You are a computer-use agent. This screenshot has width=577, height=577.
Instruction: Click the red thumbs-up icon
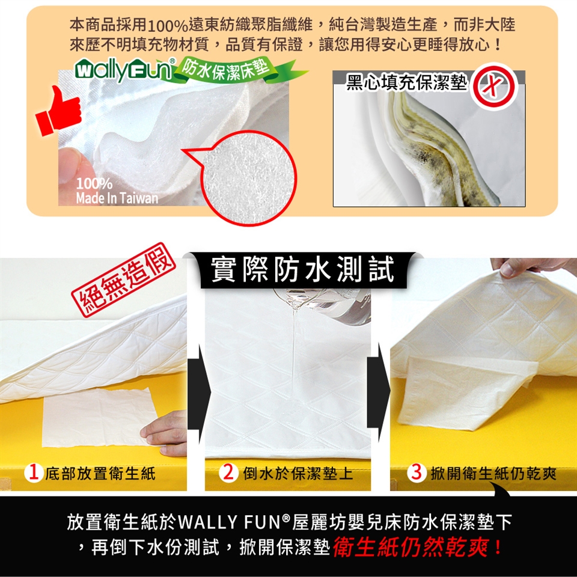(x=59, y=111)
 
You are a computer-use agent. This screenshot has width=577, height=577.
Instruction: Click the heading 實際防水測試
(x=303, y=270)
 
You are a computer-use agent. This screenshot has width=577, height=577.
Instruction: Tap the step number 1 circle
(x=34, y=472)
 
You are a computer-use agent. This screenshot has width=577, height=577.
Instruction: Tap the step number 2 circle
(x=228, y=472)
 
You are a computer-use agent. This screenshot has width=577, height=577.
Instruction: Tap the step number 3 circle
(x=417, y=472)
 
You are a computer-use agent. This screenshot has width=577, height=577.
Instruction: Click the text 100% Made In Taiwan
(x=117, y=191)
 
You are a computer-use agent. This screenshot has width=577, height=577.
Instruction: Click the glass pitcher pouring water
(x=324, y=305)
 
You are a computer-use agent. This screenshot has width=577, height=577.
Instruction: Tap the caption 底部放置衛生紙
(x=100, y=473)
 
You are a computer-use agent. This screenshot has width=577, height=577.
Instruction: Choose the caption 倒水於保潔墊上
(x=298, y=473)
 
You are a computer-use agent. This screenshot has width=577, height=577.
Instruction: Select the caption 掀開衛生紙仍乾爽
(x=493, y=473)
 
